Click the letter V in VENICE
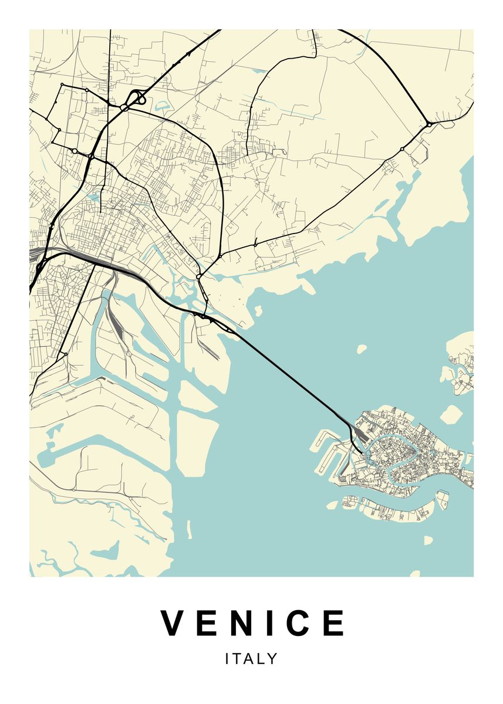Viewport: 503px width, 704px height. pos(174,623)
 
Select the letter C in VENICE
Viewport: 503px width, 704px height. pos(302,623)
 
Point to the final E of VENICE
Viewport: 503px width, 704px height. pos(335,623)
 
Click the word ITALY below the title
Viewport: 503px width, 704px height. pos(251,659)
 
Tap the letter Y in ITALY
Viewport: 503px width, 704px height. pos(272,659)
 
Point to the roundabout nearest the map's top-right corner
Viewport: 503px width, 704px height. pos(430,124)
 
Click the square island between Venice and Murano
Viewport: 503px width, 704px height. pos(450,414)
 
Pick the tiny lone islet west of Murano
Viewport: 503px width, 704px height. pos(362,349)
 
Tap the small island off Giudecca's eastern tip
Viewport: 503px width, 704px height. pos(442,500)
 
